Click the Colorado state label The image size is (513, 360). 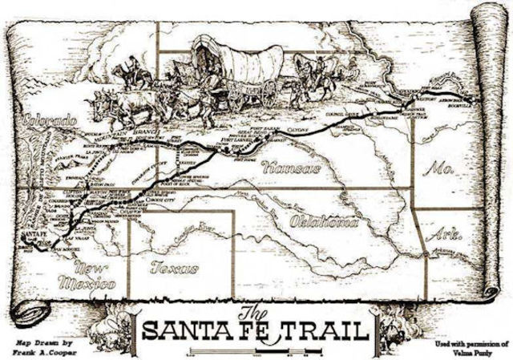coord(50,121)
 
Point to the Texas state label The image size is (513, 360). coord(173,268)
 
